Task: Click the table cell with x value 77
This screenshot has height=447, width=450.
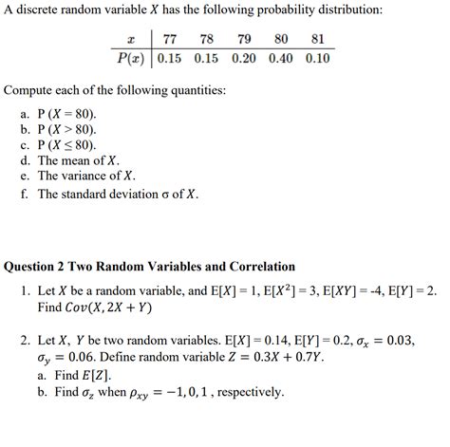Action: pos(171,40)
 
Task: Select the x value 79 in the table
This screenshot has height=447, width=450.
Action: pos(244,40)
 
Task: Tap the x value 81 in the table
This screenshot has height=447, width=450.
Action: pos(318,40)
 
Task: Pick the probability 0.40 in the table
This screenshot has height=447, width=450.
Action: pos(280,58)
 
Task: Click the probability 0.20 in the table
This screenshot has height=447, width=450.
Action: pos(244,58)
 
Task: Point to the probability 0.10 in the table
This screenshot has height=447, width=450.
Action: pos(318,58)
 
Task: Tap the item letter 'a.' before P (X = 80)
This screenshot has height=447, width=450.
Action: pos(26,112)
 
